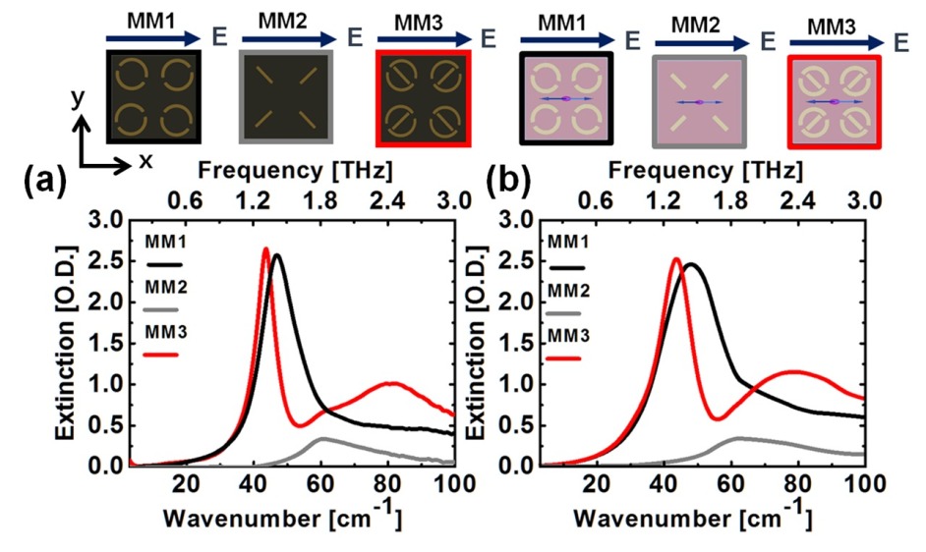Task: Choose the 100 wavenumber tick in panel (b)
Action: pyautogui.click(x=863, y=482)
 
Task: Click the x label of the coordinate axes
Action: pyautogui.click(x=146, y=159)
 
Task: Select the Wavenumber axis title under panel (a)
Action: pyautogui.click(x=276, y=516)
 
